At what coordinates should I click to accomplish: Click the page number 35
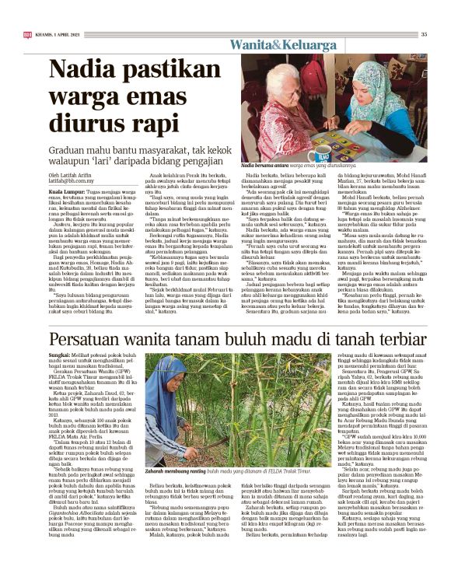[x=424, y=33]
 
